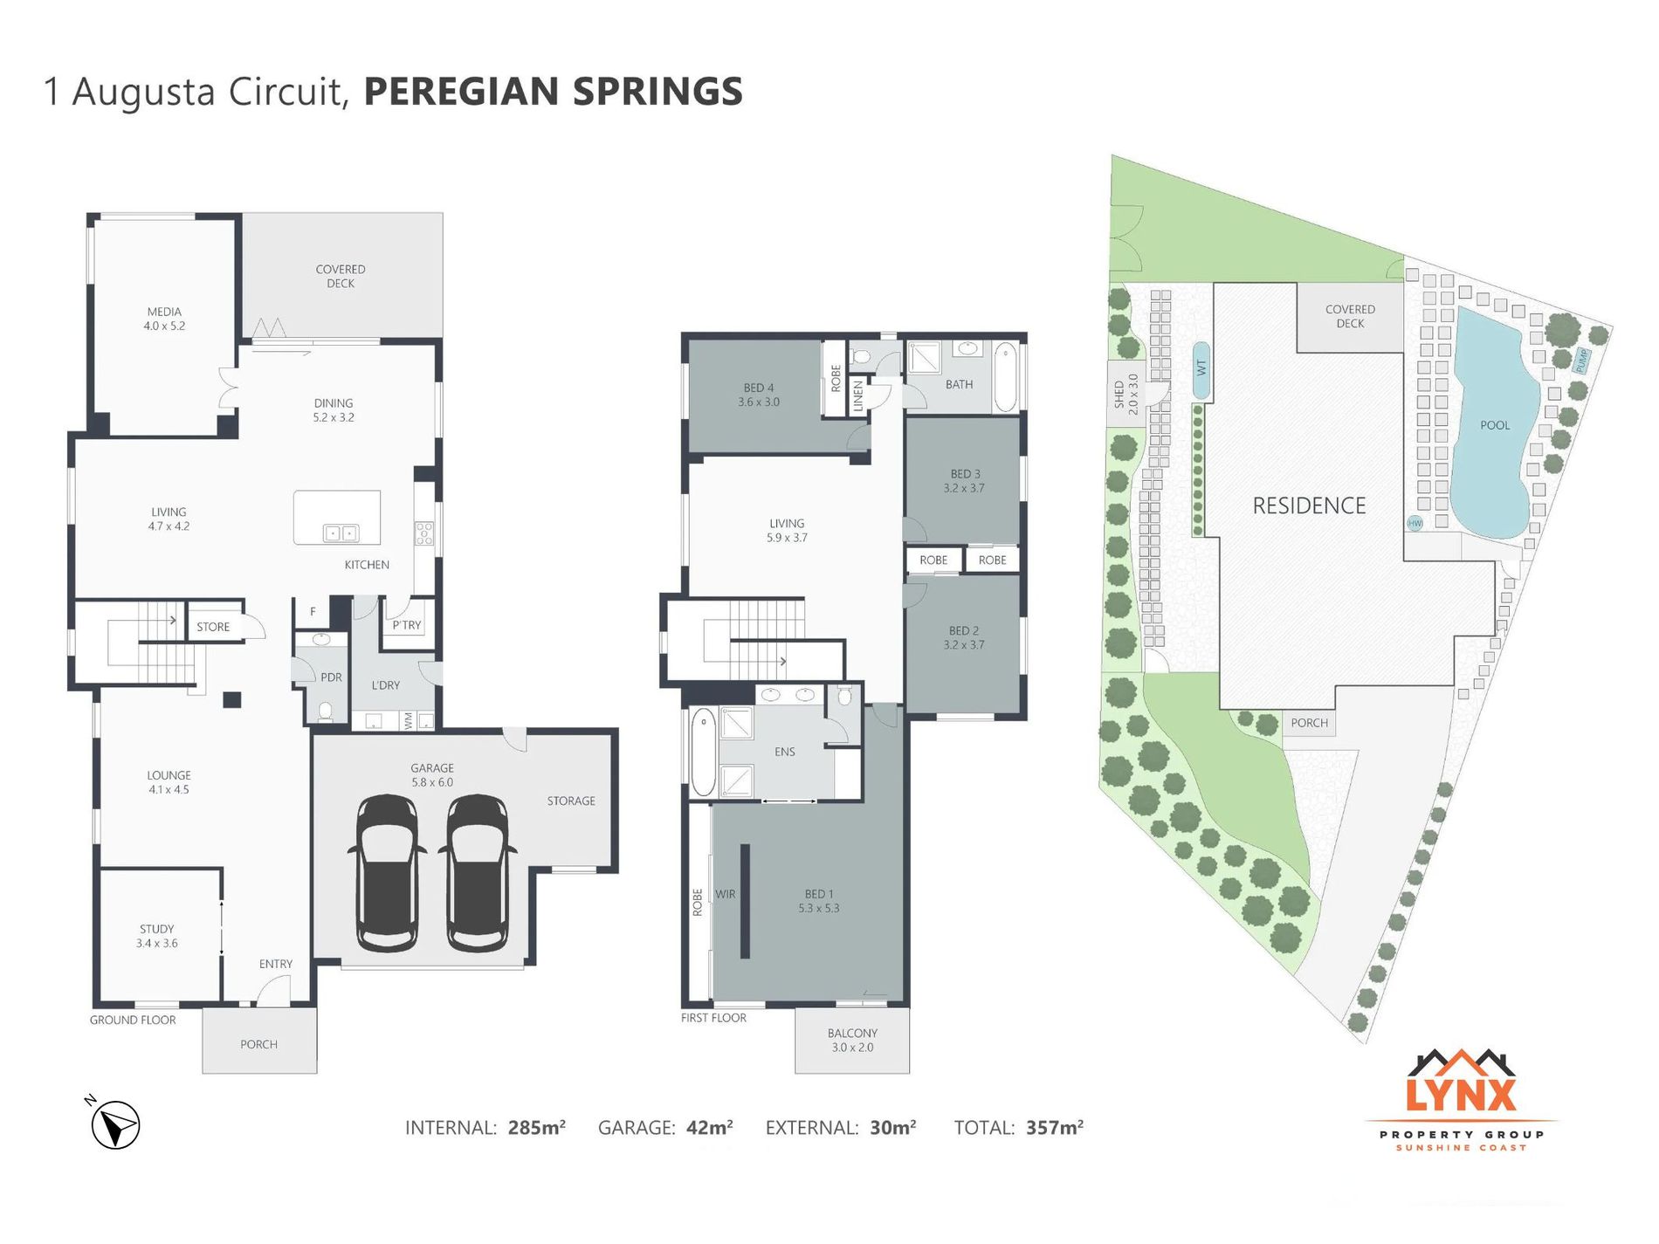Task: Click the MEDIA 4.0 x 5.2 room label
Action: (164, 319)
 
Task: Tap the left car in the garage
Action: (387, 873)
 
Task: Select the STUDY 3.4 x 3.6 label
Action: (157, 936)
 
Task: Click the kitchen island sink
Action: (341, 533)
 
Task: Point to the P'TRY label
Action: (407, 625)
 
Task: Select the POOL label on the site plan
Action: (1495, 425)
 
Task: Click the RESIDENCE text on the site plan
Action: (1309, 505)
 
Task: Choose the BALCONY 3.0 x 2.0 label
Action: (852, 1040)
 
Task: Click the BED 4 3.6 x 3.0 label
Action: (759, 395)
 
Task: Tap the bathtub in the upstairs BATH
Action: (1005, 378)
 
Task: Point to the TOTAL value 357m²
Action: (1055, 1128)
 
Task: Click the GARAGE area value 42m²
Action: (709, 1128)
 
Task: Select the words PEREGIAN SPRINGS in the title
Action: (553, 92)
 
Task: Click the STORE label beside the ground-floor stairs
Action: (213, 627)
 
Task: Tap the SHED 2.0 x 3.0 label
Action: (1126, 394)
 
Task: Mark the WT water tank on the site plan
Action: (1201, 369)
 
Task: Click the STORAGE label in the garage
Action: (571, 801)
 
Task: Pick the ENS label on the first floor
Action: (784, 752)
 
